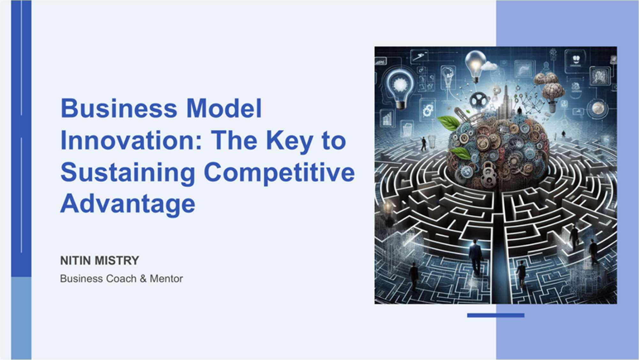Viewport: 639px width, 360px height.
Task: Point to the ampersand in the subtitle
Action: pos(143,279)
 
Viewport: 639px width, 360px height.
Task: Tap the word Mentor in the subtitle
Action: pos(166,279)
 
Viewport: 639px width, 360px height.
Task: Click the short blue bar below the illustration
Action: pos(496,315)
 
